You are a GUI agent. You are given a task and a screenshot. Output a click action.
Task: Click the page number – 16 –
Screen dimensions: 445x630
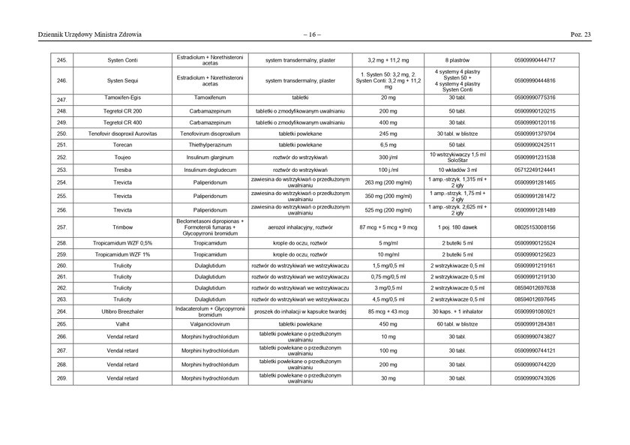pyautogui.click(x=313, y=35)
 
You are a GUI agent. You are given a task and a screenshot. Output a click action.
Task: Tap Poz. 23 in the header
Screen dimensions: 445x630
pyautogui.click(x=581, y=35)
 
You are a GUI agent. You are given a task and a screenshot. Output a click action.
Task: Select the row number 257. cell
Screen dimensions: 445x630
pyautogui.click(x=61, y=227)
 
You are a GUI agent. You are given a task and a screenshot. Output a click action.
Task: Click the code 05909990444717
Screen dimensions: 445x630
pyautogui.click(x=535, y=59)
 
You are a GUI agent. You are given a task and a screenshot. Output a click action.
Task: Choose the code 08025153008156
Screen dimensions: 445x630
pyautogui.click(x=535, y=227)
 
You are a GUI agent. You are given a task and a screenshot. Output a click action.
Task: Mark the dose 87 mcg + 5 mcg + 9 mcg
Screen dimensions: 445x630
pyautogui.click(x=388, y=227)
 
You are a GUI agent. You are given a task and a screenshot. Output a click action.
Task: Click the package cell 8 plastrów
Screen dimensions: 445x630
pyautogui.click(x=457, y=59)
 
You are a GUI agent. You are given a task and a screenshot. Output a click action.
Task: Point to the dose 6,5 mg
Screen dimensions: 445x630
pyautogui.click(x=388, y=144)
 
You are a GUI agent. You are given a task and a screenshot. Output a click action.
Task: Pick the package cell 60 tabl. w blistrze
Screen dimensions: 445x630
pyautogui.click(x=457, y=324)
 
